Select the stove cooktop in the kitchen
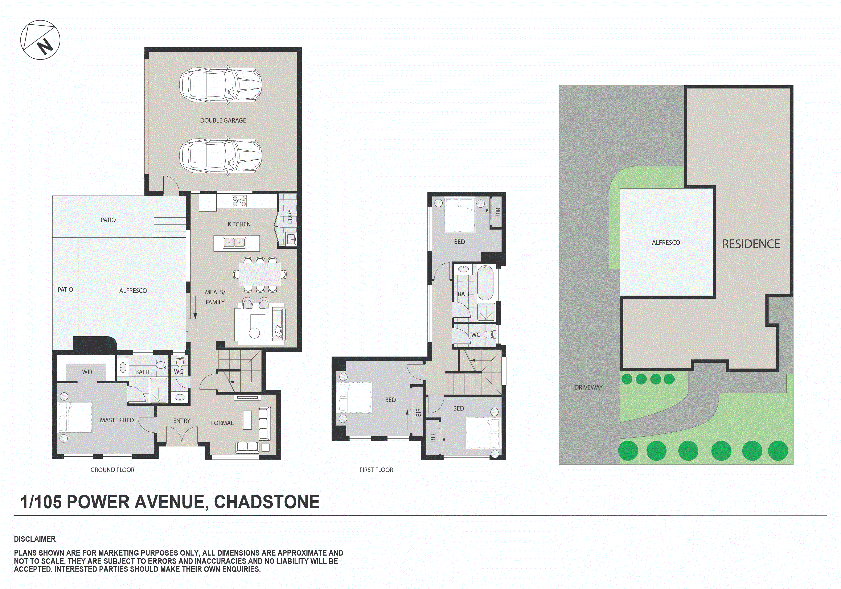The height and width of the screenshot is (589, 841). pyautogui.click(x=239, y=201)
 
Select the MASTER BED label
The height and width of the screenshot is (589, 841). pyautogui.click(x=117, y=420)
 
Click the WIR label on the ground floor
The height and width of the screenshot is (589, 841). pyautogui.click(x=87, y=372)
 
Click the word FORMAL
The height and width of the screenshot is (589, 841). pyautogui.click(x=222, y=423)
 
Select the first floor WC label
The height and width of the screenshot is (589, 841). pyautogui.click(x=475, y=335)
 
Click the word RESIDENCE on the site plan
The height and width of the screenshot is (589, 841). pyautogui.click(x=751, y=244)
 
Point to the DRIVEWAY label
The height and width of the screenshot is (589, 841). pyautogui.click(x=588, y=387)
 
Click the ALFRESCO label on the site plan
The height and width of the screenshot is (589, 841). pyautogui.click(x=666, y=243)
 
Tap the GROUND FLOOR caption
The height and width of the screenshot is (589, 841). pyautogui.click(x=112, y=470)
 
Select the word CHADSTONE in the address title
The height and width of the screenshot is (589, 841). pyautogui.click(x=267, y=502)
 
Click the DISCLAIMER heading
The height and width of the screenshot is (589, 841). pyautogui.click(x=35, y=539)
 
